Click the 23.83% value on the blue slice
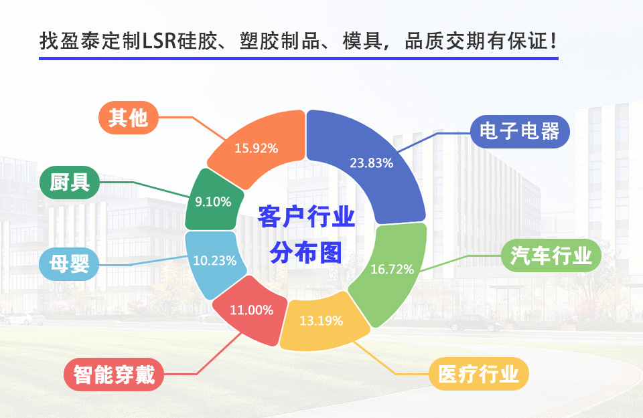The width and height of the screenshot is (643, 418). click(x=372, y=163)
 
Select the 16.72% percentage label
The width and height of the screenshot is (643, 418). click(x=392, y=269)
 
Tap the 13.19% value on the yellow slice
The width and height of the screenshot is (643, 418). click(x=321, y=320)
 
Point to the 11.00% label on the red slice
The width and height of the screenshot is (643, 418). click(x=251, y=310)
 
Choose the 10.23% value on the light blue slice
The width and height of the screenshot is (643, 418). click(x=214, y=260)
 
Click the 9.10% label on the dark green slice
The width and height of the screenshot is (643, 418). click(x=213, y=201)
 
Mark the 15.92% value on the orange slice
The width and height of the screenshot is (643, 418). click(x=257, y=148)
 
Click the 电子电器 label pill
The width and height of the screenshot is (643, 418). click(x=520, y=131)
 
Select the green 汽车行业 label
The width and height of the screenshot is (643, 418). click(x=551, y=255)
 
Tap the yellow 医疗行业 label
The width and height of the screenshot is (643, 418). click(x=478, y=374)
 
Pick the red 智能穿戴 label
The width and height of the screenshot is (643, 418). click(x=114, y=375)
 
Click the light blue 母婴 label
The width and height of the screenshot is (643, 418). click(x=69, y=264)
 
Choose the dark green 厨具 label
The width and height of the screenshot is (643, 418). click(x=70, y=183)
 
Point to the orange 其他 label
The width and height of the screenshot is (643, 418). click(x=129, y=118)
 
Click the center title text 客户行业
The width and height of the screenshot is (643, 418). click(x=306, y=217)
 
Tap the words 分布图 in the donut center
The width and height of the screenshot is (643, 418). click(x=306, y=253)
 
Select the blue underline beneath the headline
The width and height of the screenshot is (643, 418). click(x=299, y=59)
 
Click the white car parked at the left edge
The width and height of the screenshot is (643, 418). click(x=24, y=318)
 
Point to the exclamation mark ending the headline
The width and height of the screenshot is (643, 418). click(x=554, y=41)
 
